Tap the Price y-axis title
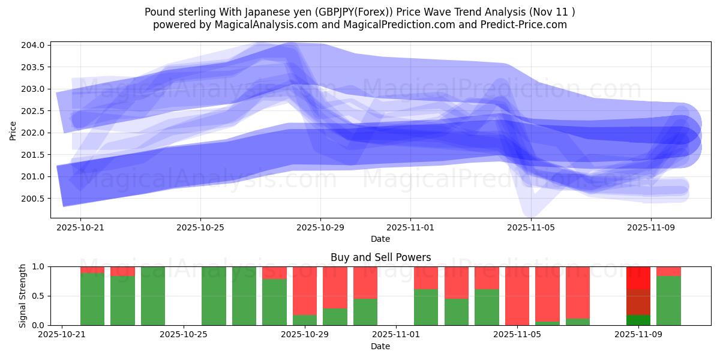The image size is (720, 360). (x=13, y=130)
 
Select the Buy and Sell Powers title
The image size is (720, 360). (x=380, y=257)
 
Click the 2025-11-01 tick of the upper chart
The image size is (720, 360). (x=410, y=228)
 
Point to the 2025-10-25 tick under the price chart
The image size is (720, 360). (x=200, y=228)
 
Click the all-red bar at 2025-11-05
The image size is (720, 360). (x=517, y=295)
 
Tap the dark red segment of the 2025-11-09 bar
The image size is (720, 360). (x=638, y=302)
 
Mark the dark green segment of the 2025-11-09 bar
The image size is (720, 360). (x=638, y=320)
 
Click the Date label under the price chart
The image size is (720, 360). (x=380, y=239)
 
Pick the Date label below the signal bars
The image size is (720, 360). (x=380, y=346)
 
